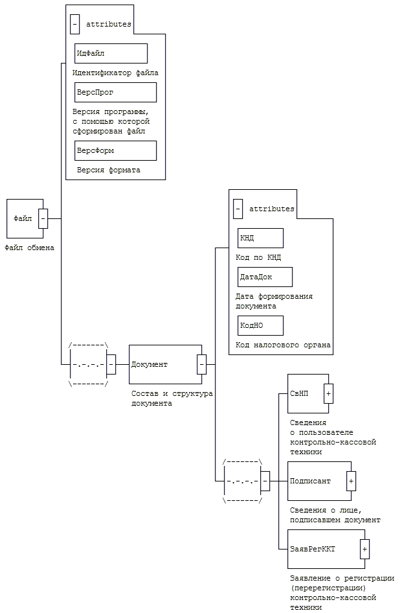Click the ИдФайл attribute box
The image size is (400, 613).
click(x=111, y=53)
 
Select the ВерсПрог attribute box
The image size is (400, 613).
click(x=115, y=92)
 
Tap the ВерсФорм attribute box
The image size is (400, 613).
click(x=115, y=150)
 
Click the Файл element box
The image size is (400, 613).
click(x=23, y=218)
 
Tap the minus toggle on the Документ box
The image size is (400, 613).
click(x=201, y=364)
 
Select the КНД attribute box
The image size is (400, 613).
click(x=260, y=238)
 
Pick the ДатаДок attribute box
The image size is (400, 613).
click(x=265, y=277)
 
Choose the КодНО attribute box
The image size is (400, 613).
click(x=260, y=325)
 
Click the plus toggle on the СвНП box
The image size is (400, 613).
click(x=328, y=393)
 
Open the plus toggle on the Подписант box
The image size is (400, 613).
click(x=351, y=481)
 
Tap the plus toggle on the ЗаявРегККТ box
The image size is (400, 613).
click(x=364, y=549)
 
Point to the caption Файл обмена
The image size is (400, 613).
click(x=29, y=248)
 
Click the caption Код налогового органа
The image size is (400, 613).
click(x=283, y=345)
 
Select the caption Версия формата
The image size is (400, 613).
click(x=108, y=170)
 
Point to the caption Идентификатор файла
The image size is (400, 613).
click(x=115, y=73)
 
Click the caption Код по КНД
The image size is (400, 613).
click(x=258, y=257)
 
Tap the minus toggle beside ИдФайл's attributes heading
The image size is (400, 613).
click(x=75, y=24)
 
